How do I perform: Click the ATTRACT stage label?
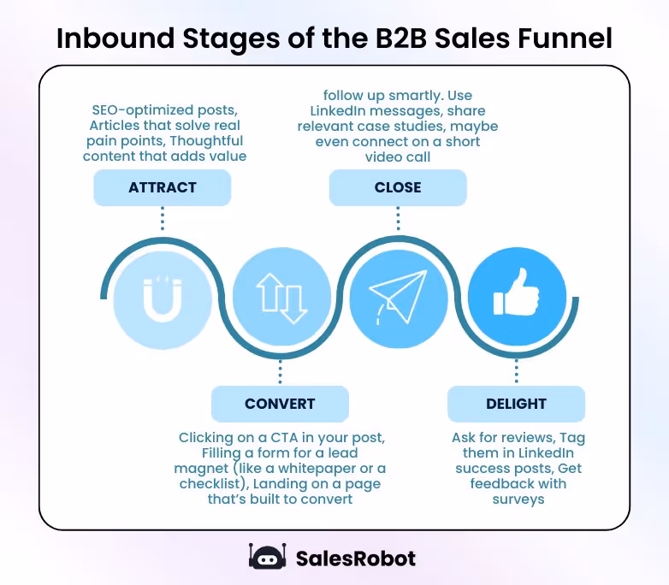click(163, 187)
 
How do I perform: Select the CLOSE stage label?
click(398, 187)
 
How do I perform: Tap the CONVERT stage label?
click(280, 404)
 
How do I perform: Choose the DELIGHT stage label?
click(516, 404)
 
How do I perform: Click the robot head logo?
click(267, 558)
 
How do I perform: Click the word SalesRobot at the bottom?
click(355, 558)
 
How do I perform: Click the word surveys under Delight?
click(518, 499)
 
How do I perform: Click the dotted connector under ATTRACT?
click(163, 219)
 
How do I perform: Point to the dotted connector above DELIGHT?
click(517, 372)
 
